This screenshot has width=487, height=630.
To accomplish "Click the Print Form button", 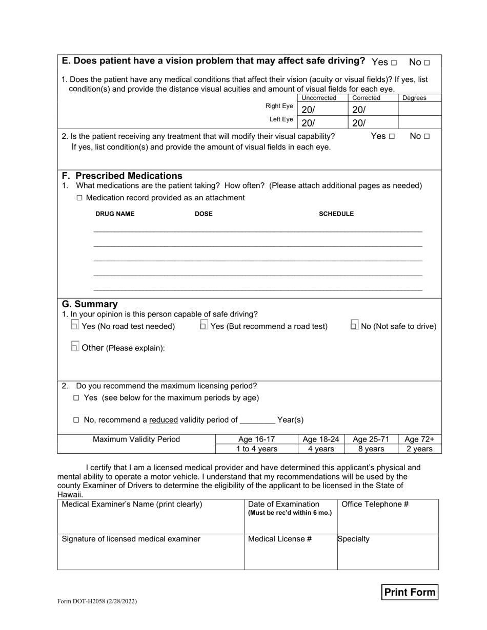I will click(410, 592).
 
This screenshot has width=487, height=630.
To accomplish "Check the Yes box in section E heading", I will click(394, 62).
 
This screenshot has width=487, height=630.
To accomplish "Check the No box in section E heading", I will click(427, 62).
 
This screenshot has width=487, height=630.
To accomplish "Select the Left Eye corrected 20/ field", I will click(373, 122).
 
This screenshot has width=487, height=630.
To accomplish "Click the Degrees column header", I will click(414, 98).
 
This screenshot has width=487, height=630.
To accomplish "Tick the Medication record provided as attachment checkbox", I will click(79, 198).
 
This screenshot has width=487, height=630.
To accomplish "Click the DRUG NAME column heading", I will click(115, 214).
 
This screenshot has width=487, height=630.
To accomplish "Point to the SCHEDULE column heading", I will click(336, 214).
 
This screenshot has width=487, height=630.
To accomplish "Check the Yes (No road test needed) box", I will click(75, 325).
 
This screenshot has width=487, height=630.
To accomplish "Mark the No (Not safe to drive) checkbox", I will click(354, 325).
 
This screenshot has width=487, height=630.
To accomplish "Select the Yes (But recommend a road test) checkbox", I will click(204, 325).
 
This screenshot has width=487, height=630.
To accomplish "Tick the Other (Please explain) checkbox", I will click(75, 347).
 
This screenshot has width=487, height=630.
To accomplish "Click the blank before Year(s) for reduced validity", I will click(257, 420).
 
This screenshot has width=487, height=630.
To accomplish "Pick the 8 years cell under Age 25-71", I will click(371, 449).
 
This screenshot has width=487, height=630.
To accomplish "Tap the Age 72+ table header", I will click(419, 439).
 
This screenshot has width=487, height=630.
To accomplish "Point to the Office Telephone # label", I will click(375, 504).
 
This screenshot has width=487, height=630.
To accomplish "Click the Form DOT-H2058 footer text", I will click(97, 602).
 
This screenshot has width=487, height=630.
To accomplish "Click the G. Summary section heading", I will click(90, 304).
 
